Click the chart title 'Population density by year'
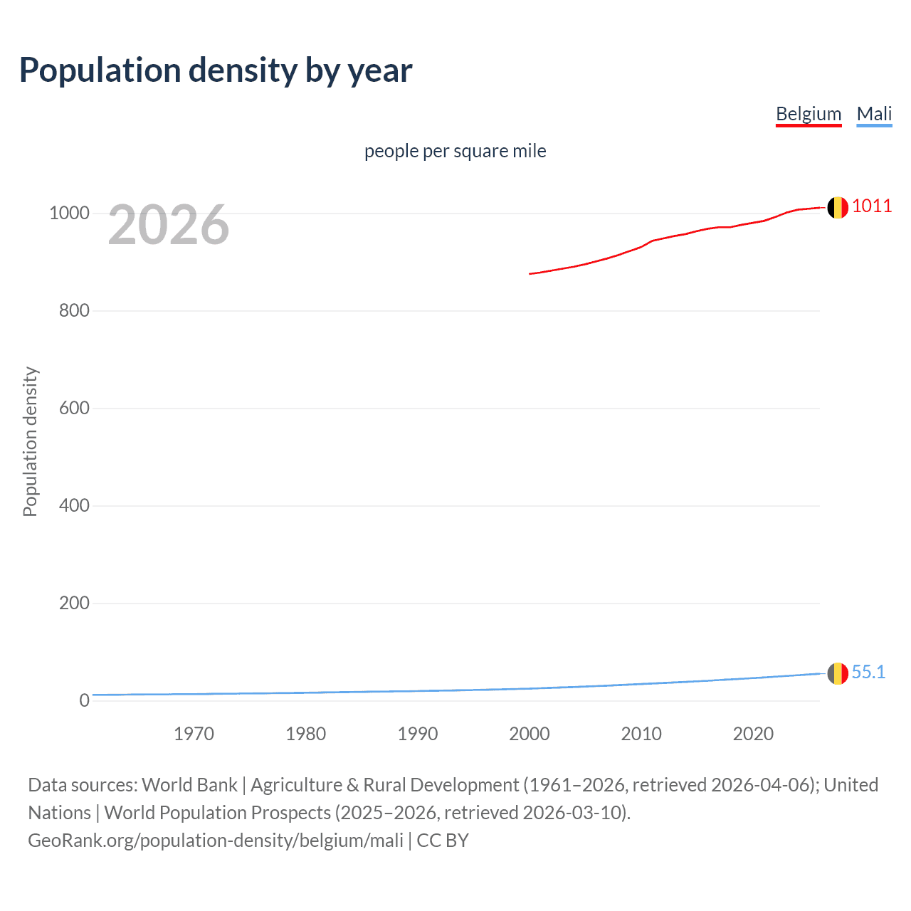pyautogui.click(x=216, y=70)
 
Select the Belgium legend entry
pyautogui.click(x=809, y=114)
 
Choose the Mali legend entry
pyautogui.click(x=874, y=114)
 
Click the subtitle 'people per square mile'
pyautogui.click(x=455, y=151)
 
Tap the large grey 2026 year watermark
pyautogui.click(x=169, y=225)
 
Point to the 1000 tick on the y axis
pyautogui.click(x=69, y=214)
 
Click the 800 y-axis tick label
pyautogui.click(x=74, y=311)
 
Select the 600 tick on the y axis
pyautogui.click(x=74, y=409)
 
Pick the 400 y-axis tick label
pyautogui.click(x=74, y=506)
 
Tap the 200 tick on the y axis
pyautogui.click(x=74, y=604)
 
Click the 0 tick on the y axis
pyautogui.click(x=85, y=701)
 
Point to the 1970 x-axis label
pyautogui.click(x=194, y=734)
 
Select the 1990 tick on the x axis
pyautogui.click(x=418, y=734)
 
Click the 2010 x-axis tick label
pyautogui.click(x=641, y=734)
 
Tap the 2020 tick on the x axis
pyautogui.click(x=753, y=734)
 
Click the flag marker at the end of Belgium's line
pyautogui.click(x=838, y=208)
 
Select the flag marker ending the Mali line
pyautogui.click(x=838, y=673)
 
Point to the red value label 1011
pyautogui.click(x=872, y=206)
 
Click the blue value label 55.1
pyautogui.click(x=868, y=673)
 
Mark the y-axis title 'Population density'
pyautogui.click(x=30, y=441)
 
